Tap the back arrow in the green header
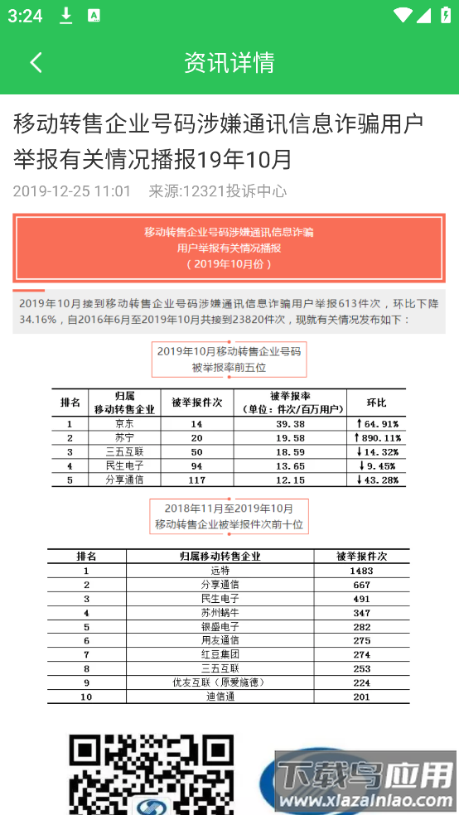36,62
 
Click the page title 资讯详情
229,62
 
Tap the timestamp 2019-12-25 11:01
72,191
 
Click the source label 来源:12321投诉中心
217,191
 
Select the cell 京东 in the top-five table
123,424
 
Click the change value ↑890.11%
377,438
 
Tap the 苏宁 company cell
123,438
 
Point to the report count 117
196,480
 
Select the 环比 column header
377,403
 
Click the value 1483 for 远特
361,571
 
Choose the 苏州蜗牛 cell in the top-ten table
220,613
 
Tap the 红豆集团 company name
220,654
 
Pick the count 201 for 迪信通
361,697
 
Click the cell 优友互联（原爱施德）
220,682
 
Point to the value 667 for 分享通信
361,585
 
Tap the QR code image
151,774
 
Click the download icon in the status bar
66,16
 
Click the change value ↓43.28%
377,480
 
